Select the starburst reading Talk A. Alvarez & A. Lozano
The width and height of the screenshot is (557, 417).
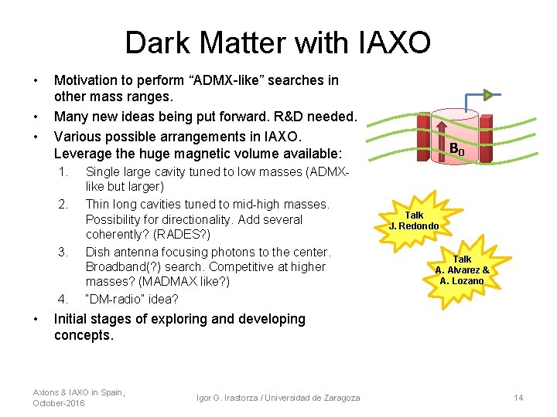click(x=462, y=270)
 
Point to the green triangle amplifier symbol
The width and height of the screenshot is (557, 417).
click(x=488, y=95)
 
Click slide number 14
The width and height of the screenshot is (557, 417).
click(x=518, y=398)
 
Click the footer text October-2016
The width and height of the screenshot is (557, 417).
click(x=60, y=403)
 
